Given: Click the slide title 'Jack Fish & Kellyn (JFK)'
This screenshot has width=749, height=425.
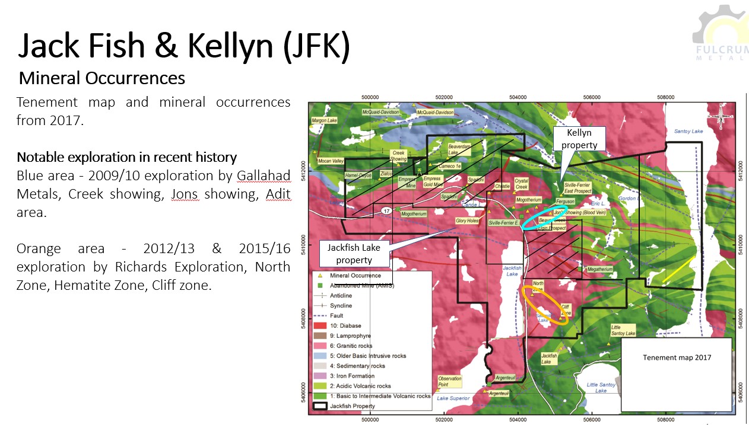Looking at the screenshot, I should [x=183, y=46].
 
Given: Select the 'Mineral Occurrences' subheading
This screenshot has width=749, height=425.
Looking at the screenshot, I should [x=102, y=78].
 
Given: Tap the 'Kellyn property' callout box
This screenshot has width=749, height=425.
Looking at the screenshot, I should [x=580, y=139].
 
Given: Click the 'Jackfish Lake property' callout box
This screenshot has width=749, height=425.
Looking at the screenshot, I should [x=354, y=253].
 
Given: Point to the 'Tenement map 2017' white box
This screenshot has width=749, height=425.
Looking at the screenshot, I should [x=677, y=357].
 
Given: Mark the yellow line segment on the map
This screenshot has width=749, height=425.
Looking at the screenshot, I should [x=678, y=270].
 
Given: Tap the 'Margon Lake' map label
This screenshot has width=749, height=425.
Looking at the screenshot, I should [x=324, y=120].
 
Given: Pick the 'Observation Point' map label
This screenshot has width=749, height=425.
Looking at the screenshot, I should [x=449, y=381].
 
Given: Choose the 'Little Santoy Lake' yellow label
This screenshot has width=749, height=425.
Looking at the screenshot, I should [x=624, y=330].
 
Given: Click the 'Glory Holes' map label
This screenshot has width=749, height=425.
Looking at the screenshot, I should [x=466, y=221].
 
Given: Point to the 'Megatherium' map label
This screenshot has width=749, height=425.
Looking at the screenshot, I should [x=599, y=269].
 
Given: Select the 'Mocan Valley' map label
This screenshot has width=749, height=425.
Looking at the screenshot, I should [x=331, y=161].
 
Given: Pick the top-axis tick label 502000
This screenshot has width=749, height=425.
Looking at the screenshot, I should [x=444, y=97].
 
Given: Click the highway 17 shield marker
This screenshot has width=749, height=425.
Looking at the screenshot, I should [x=386, y=210].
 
